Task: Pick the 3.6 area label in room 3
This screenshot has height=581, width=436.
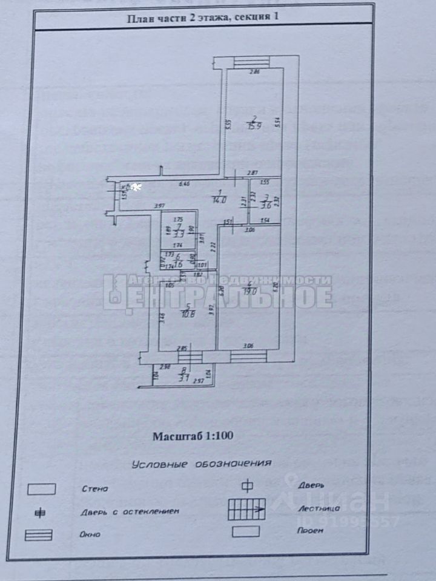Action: click(x=265, y=206)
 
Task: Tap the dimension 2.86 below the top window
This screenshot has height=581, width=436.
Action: click(x=256, y=73)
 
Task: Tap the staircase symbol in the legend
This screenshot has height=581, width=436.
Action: click(x=246, y=510)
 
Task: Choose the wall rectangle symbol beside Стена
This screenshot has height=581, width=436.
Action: click(x=42, y=488)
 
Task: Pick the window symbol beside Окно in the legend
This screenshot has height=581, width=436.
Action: click(x=38, y=535)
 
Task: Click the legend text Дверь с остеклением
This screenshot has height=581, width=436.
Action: click(x=130, y=511)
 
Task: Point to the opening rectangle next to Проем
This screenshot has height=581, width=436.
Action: click(x=246, y=531)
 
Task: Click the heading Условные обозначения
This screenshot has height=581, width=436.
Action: click(x=200, y=464)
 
